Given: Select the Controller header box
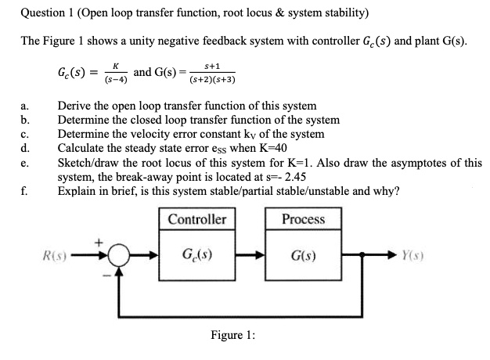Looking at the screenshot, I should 197,219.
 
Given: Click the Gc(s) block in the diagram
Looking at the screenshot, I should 197,255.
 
